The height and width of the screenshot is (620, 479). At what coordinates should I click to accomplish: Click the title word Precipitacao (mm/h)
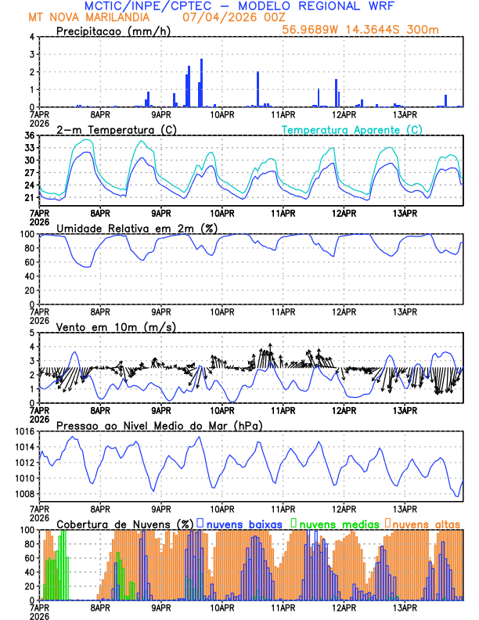click(x=110, y=31)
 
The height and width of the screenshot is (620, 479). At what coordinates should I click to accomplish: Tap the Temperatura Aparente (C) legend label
click(x=351, y=129)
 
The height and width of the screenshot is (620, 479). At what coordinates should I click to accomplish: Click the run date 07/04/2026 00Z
click(x=221, y=16)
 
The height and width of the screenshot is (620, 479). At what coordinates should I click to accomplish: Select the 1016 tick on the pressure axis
click(x=23, y=431)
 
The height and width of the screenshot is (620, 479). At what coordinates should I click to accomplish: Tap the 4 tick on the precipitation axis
click(x=32, y=37)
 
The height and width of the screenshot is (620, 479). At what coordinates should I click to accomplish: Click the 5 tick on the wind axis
click(x=32, y=333)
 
